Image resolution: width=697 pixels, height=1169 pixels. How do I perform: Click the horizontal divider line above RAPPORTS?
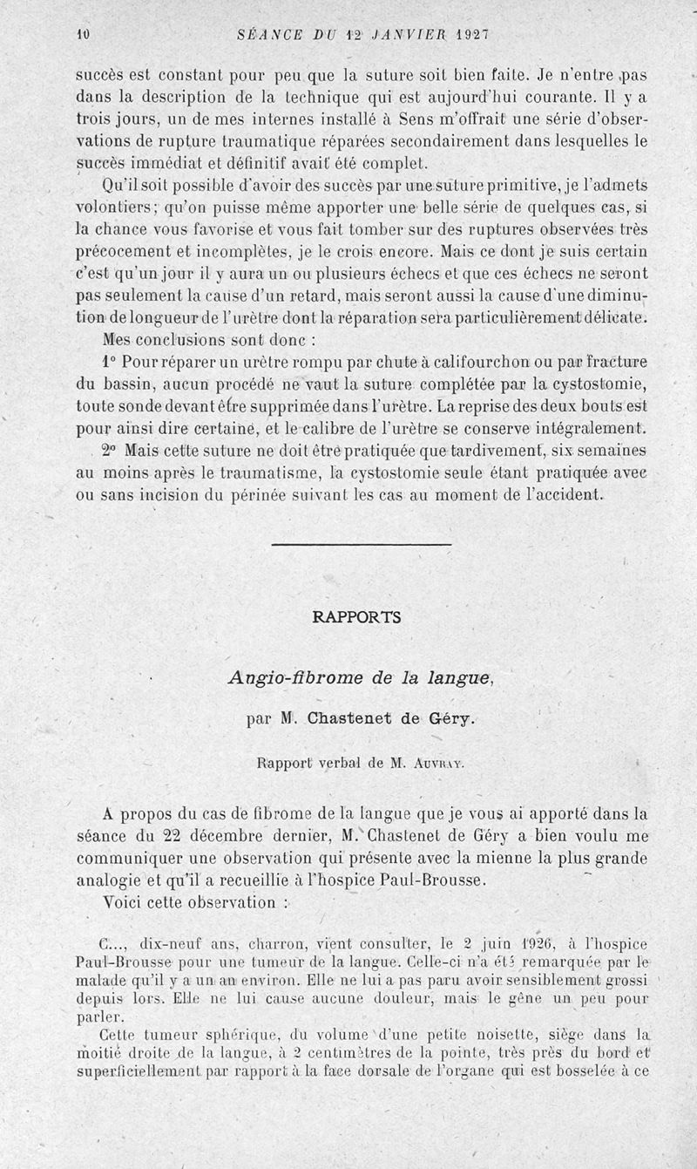coord(362,546)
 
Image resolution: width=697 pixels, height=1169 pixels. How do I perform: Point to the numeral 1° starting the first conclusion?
coord(108,361)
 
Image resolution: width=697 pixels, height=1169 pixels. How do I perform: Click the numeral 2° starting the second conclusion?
coord(108,451)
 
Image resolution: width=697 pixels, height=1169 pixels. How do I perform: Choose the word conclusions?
coord(182,338)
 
